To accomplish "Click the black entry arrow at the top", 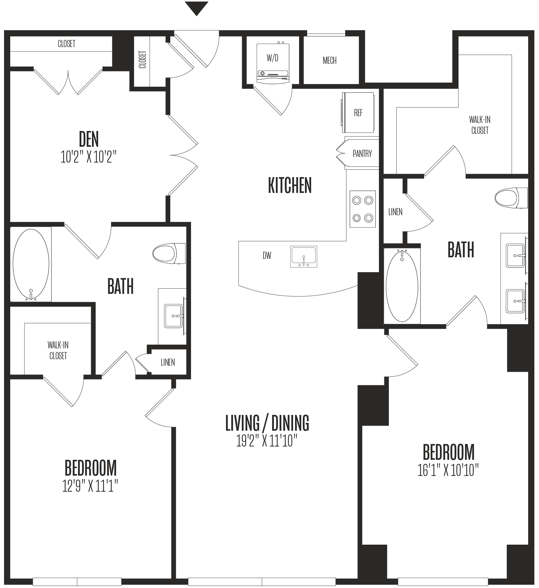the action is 196,8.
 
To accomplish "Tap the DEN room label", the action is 89,139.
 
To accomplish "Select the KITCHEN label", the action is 290,185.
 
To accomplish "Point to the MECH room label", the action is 329,60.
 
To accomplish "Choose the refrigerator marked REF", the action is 358,113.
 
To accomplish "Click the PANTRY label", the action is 362,153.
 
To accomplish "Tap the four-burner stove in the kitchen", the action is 363,209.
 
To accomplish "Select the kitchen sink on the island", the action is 304,257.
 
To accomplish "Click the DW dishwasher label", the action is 267,255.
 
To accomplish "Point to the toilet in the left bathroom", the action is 169,253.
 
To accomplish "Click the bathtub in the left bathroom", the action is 31,264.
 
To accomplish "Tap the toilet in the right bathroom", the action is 511,198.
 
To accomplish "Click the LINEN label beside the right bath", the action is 395,212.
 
